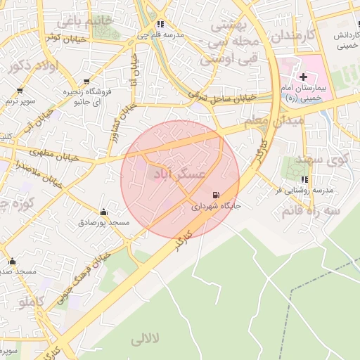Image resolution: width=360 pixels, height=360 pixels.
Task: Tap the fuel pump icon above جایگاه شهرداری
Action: [x=214, y=195]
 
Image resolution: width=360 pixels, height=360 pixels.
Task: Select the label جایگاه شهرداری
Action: [x=211, y=207]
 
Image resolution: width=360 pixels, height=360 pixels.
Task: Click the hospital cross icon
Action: [x=303, y=76]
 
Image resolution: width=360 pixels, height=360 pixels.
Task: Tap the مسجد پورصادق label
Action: [x=104, y=223]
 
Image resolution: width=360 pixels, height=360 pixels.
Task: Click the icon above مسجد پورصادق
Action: [x=104, y=212]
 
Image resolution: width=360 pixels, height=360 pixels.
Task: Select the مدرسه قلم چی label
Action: [x=160, y=34]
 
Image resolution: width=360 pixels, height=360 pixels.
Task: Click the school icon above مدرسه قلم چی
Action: [x=160, y=23]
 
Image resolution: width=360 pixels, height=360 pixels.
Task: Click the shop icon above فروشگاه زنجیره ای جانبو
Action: [x=86, y=82]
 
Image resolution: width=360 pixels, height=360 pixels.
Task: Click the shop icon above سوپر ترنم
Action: [x=19, y=91]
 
